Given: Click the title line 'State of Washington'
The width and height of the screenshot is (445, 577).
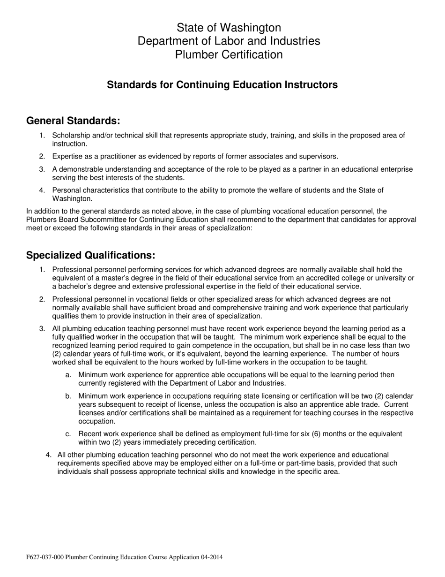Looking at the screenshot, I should tap(229, 27).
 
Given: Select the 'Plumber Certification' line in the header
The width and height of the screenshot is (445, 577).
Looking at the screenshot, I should tap(229, 54).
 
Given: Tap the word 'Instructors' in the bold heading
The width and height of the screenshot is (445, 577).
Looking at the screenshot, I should tap(311, 85).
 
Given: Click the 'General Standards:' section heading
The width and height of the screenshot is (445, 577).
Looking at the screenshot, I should tap(73, 121).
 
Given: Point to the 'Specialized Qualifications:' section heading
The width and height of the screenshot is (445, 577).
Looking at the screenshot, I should tap(90, 255).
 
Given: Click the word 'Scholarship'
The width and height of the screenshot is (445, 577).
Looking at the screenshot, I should tap(72, 136).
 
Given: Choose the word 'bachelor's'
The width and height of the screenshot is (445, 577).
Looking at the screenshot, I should tap(76, 287).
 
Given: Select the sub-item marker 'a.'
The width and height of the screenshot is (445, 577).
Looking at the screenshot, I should tap(68, 375).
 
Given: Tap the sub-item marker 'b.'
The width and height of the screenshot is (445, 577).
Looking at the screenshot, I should tap(68, 396).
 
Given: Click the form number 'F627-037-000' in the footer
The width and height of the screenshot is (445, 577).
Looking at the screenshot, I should tap(45, 557).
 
